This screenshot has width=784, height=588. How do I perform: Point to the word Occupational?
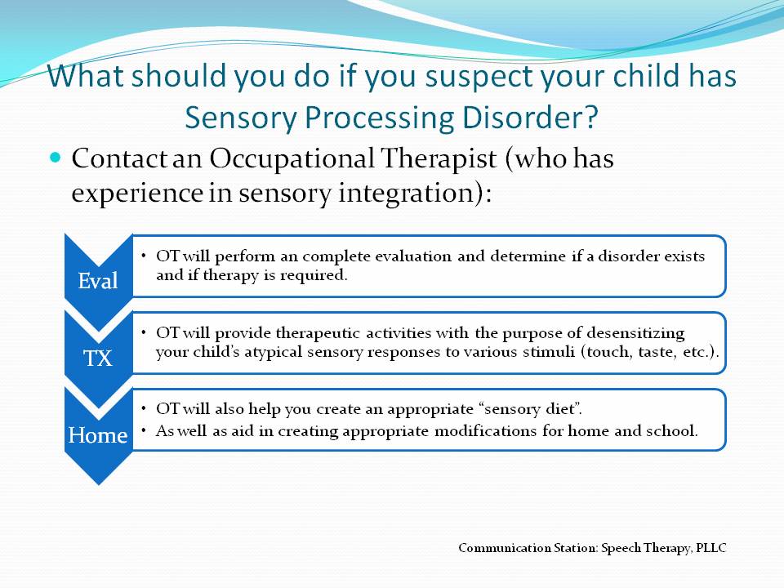pyautogui.click(x=292, y=159)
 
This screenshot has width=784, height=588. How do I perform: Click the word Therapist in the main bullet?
pyautogui.click(x=439, y=159)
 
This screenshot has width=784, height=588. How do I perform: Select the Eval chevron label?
pyautogui.click(x=98, y=280)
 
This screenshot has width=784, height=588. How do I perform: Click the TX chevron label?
pyautogui.click(x=98, y=358)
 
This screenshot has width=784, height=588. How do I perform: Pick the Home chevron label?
pyautogui.click(x=98, y=435)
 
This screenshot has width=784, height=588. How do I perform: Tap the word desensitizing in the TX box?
pyautogui.click(x=636, y=333)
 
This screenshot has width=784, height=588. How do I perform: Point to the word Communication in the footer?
pyautogui.click(x=504, y=549)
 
